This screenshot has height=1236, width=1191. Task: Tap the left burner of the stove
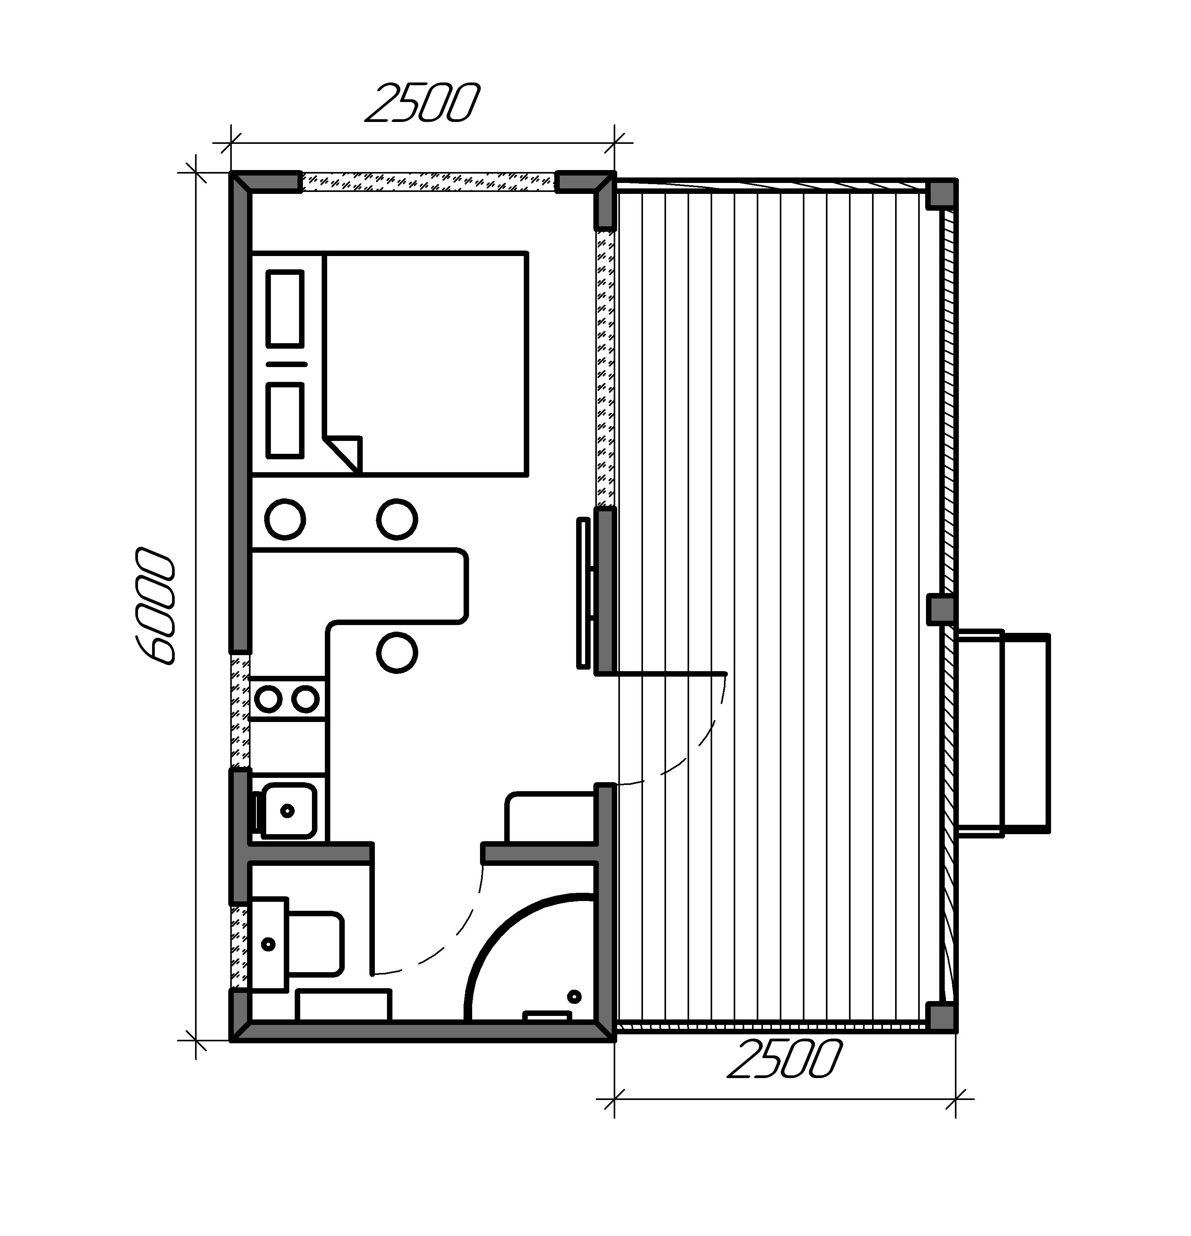(x=269, y=699)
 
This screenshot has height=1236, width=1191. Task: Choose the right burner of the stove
(x=306, y=699)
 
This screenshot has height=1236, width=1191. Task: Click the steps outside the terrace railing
(x=1003, y=733)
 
